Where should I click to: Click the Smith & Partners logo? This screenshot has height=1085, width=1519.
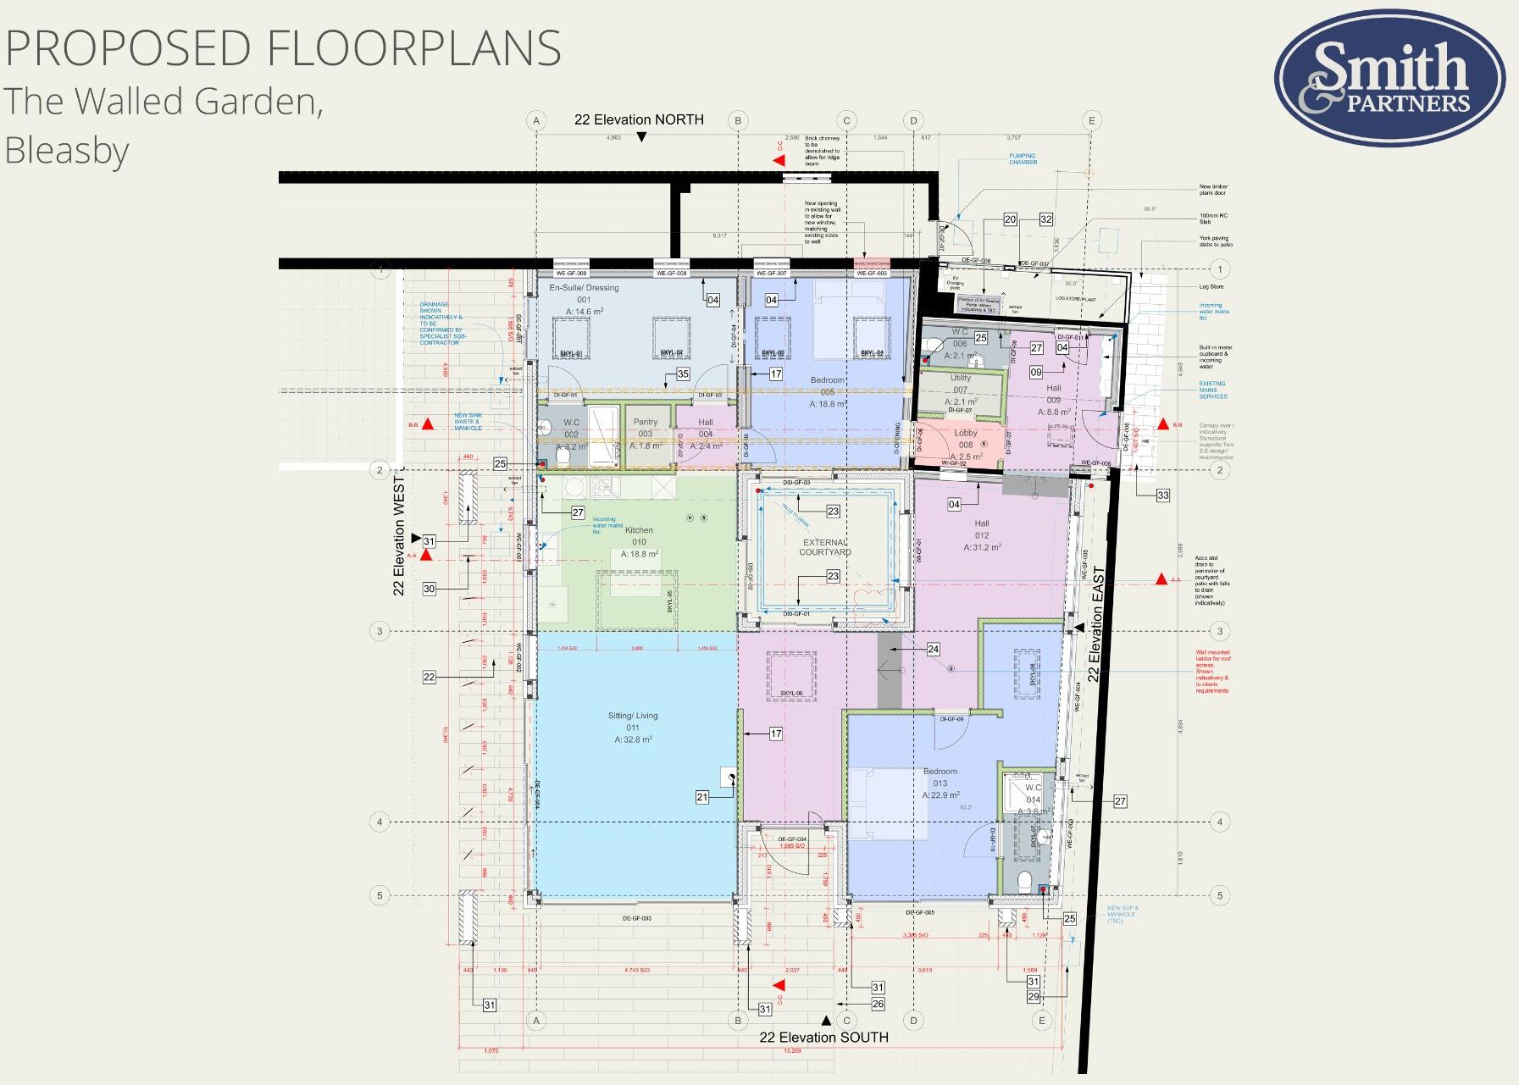[1389, 78]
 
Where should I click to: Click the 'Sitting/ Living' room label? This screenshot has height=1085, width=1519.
[633, 716]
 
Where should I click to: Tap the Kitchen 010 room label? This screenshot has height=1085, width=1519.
[639, 531]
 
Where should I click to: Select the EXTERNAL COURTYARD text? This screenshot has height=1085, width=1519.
[825, 547]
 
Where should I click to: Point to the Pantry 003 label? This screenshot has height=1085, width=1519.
[645, 422]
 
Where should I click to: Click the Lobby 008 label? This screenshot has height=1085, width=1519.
[966, 433]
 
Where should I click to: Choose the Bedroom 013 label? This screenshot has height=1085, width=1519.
[940, 772]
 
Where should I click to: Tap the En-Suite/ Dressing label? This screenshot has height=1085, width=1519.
[584, 288]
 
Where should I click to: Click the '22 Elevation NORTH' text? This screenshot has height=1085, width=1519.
[639, 119]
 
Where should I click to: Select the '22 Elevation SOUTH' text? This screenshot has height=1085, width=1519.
[823, 1038]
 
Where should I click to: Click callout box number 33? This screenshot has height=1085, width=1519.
[1162, 495]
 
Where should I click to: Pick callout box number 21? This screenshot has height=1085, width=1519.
[702, 797]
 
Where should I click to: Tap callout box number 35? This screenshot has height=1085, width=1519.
[683, 374]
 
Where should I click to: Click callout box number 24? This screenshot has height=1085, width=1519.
[933, 650]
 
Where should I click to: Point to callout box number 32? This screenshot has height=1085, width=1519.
[1045, 219]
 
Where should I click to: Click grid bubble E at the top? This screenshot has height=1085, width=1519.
[1091, 121]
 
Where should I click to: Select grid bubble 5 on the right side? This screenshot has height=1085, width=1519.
[1220, 895]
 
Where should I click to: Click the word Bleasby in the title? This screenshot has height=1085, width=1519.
[67, 151]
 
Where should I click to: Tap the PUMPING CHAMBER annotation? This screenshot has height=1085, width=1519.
[1023, 159]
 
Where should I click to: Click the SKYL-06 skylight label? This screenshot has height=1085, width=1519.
[790, 694]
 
